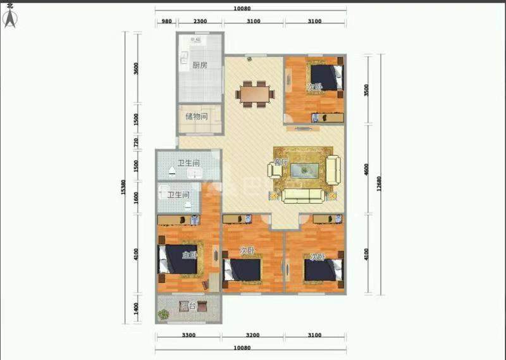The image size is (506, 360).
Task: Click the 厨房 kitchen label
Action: pos(200,65)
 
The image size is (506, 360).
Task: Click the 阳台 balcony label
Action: pos(187,306)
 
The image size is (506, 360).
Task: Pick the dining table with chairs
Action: pos(256,92)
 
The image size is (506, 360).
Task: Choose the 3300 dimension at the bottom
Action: pos(188,335)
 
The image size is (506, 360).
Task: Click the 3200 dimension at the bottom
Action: pos(252,335)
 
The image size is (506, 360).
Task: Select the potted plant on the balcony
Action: pos(164,313)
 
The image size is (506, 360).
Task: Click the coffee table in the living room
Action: pos(309,169)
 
